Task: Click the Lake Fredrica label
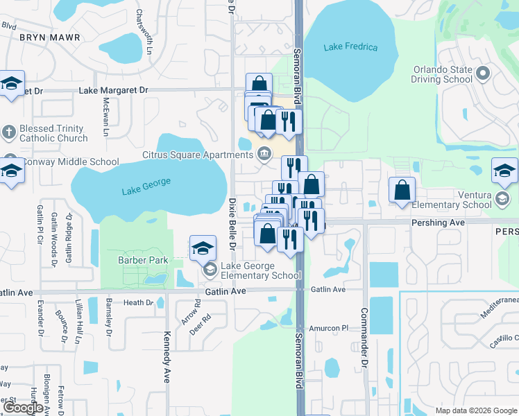coord(351,47)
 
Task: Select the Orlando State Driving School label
coord(443,74)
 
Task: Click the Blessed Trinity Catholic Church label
coord(53,133)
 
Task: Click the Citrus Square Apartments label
coord(197,154)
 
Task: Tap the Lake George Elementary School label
coord(260,270)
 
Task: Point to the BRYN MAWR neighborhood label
coord(50,37)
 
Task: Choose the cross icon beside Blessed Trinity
coord(8,132)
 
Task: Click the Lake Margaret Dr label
coord(114,90)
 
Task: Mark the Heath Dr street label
coord(138,302)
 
